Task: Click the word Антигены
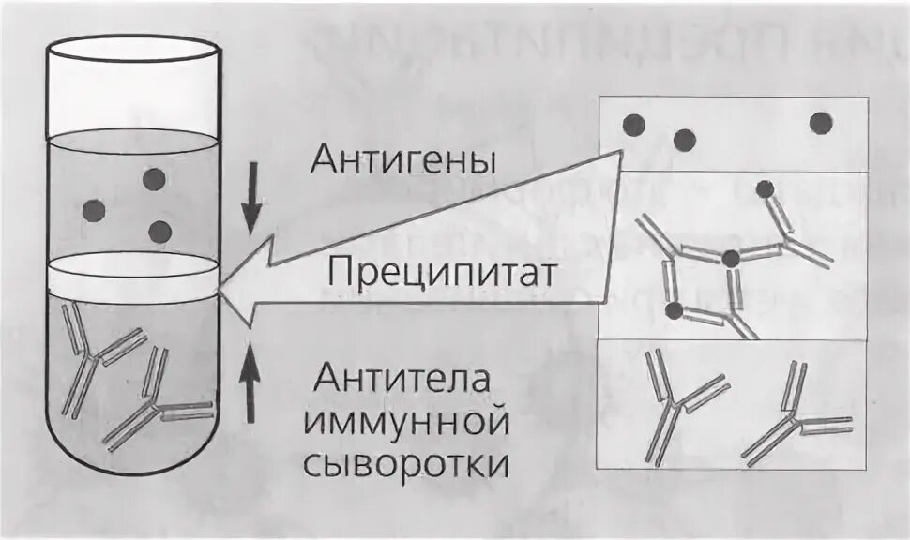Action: coord(405,162)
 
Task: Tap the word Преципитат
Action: coord(443,274)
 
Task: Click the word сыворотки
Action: coord(413,463)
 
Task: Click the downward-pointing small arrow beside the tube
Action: coord(250,198)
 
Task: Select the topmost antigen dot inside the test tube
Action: coord(153,178)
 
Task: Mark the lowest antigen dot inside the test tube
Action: coord(160,231)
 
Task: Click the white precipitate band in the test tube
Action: coord(131,274)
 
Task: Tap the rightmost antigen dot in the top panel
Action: coord(821,122)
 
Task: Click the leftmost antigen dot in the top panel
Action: coord(634,124)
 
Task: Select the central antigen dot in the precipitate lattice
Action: coord(732,258)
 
